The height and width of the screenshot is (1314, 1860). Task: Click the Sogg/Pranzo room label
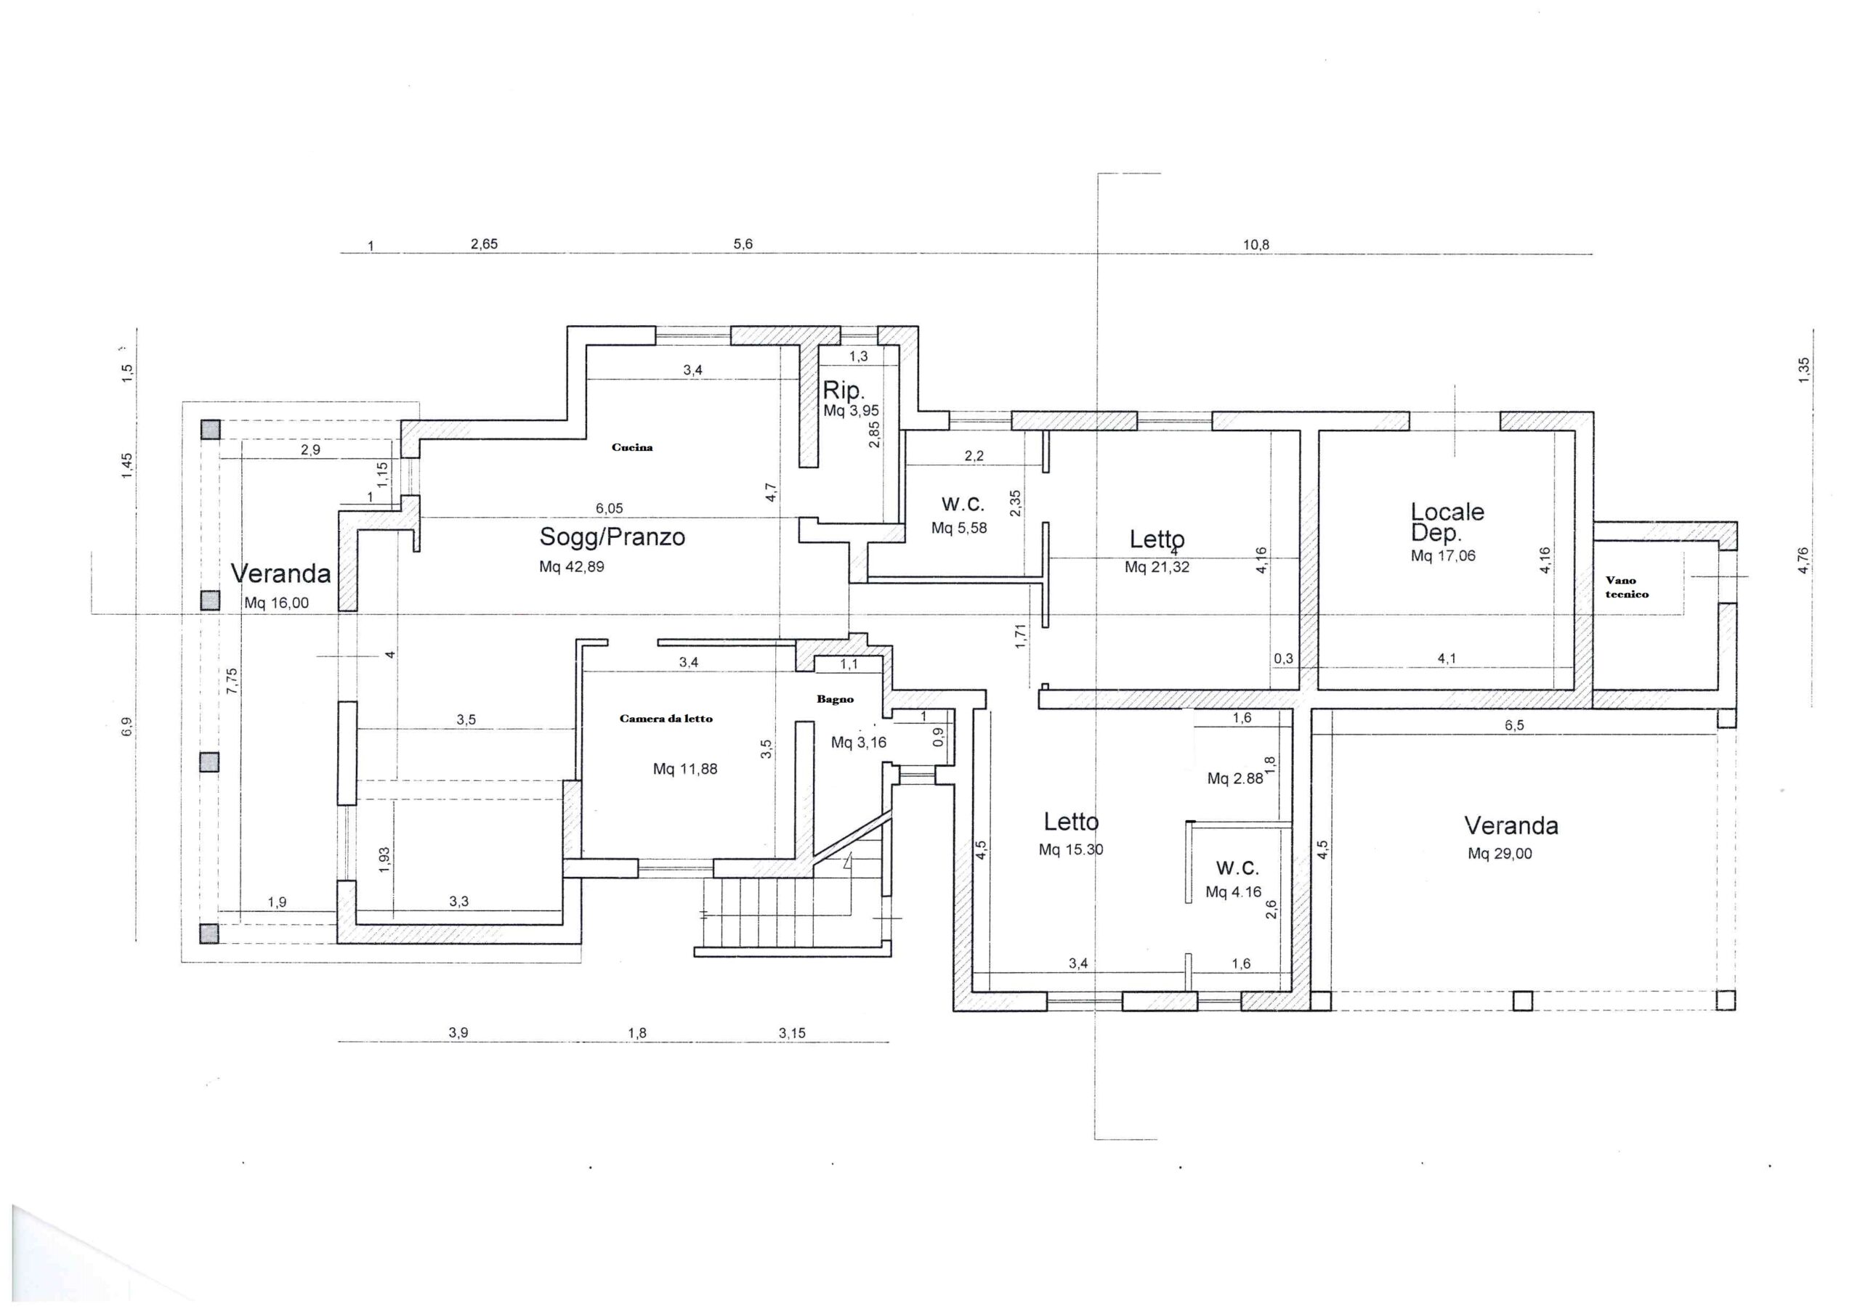pyautogui.click(x=612, y=536)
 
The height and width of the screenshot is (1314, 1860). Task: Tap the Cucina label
pyautogui.click(x=632, y=447)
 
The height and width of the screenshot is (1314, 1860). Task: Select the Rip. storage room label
pyautogui.click(x=844, y=391)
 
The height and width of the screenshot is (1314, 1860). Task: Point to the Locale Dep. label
pyautogui.click(x=1447, y=521)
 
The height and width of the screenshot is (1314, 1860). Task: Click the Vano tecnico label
pyautogui.click(x=1627, y=587)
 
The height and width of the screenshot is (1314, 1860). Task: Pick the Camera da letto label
pyautogui.click(x=666, y=718)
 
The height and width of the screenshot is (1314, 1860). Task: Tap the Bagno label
pyautogui.click(x=834, y=698)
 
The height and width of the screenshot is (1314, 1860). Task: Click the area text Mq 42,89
pyautogui.click(x=571, y=567)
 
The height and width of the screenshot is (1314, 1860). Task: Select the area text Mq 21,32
pyautogui.click(x=1157, y=568)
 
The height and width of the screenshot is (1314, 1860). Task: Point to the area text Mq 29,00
pyautogui.click(x=1500, y=853)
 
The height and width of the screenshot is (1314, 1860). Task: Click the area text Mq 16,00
pyautogui.click(x=276, y=603)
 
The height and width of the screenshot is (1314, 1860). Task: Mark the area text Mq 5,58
pyautogui.click(x=959, y=529)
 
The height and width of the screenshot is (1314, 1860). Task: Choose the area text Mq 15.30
pyautogui.click(x=1071, y=849)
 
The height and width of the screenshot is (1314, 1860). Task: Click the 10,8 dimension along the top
pyautogui.click(x=1255, y=245)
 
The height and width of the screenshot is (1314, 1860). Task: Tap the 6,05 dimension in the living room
pyautogui.click(x=609, y=508)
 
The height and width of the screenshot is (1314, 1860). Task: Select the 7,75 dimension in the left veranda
pyautogui.click(x=232, y=680)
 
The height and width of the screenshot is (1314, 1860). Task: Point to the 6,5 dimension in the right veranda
pyautogui.click(x=1514, y=725)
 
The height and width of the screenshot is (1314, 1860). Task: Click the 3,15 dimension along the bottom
pyautogui.click(x=792, y=1033)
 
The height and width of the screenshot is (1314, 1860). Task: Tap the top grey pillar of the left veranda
pyautogui.click(x=211, y=430)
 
